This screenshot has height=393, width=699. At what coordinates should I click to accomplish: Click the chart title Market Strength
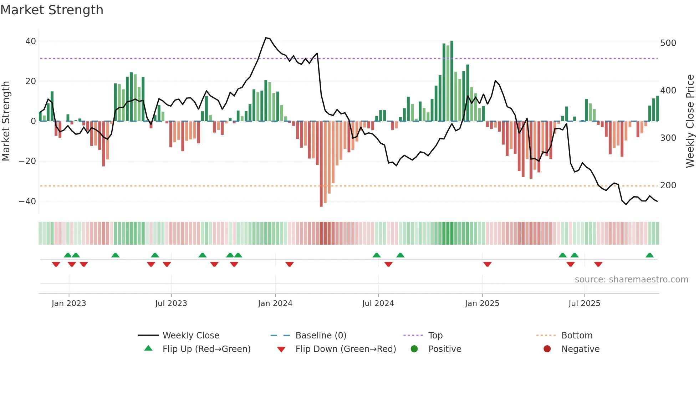tap(52, 10)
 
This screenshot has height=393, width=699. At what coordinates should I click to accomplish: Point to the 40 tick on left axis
tap(31, 41)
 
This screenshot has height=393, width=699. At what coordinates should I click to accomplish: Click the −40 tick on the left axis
tap(28, 201)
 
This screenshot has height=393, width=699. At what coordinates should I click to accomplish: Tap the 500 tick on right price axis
tap(668, 43)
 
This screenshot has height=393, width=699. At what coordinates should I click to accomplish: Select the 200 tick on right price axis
tap(668, 185)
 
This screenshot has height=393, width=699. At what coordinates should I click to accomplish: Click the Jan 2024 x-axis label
tap(275, 303)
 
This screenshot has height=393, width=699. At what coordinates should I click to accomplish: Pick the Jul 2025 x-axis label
tap(584, 303)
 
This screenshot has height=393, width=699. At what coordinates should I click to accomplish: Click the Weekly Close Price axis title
tap(690, 121)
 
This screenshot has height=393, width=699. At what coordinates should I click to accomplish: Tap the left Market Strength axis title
tap(6, 121)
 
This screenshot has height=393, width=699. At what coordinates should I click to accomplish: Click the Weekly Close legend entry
tap(191, 336)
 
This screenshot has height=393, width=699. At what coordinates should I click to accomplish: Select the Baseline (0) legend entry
tap(321, 336)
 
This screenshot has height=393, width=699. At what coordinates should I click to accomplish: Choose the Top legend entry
tap(435, 336)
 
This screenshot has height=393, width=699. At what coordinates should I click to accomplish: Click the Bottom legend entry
tap(577, 336)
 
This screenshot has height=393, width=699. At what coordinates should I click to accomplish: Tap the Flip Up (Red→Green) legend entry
tap(206, 349)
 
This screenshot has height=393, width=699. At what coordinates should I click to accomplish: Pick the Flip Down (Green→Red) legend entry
tap(345, 349)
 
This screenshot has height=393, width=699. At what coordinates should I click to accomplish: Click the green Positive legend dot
tap(414, 349)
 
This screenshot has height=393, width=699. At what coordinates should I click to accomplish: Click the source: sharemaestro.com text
tap(631, 280)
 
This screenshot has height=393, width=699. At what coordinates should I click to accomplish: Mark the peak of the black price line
tap(266, 38)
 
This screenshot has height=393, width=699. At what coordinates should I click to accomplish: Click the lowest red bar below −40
tap(321, 205)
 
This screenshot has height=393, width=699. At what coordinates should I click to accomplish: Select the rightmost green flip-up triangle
tap(649, 255)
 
